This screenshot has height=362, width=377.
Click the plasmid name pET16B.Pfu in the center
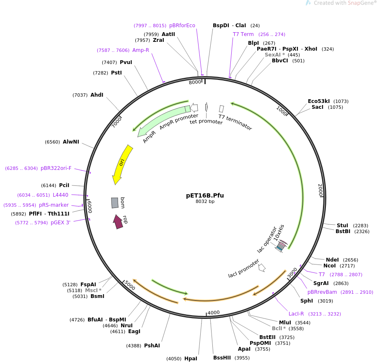(x=205, y=195)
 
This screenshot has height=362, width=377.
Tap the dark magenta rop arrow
(x=118, y=221)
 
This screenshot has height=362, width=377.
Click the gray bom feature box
(x=114, y=203)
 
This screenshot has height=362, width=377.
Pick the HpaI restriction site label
(x=191, y=359)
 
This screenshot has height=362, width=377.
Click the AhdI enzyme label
(x=97, y=95)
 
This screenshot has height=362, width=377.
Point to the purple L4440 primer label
(x=60, y=195)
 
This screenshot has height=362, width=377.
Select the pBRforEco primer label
(x=182, y=26)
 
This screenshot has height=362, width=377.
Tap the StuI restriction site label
(x=342, y=226)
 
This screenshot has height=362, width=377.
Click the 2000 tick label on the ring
(x=320, y=190)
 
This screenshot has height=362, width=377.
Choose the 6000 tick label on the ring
(x=89, y=206)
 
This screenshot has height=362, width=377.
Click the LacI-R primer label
(x=296, y=314)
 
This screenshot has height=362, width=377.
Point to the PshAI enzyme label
(x=152, y=346)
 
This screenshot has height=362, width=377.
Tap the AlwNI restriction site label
(x=71, y=142)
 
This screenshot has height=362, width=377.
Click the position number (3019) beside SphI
(x=325, y=301)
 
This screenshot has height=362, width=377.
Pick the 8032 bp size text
(x=205, y=202)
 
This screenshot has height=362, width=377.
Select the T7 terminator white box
(x=221, y=109)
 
